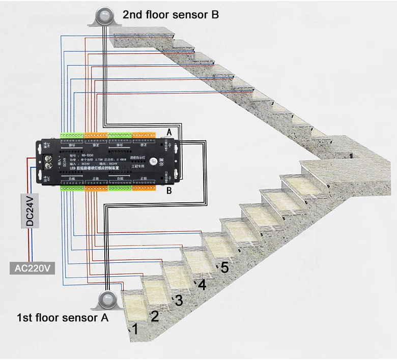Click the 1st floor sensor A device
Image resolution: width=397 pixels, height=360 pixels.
coord(107,301)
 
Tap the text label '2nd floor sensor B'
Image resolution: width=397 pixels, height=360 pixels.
coord(171,15)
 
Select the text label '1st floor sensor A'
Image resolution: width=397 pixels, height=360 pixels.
coord(63,318)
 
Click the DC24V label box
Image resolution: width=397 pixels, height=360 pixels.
coord(30,211)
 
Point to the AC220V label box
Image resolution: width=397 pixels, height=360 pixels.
coord(33,268)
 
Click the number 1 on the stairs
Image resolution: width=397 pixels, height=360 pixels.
coord(135,328)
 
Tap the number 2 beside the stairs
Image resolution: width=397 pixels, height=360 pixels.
coord(155,316)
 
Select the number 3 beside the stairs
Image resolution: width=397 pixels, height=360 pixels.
coord(179,301)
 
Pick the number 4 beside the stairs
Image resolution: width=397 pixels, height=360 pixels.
coord(202,285)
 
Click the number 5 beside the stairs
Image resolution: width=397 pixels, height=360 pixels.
coord(224,268)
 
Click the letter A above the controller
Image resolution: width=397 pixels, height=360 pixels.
coord(169,132)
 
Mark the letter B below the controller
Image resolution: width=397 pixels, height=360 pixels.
coord(169,191)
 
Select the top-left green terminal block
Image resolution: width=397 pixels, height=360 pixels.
coord(72,136)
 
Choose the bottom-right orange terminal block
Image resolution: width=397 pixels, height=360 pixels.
coord(144,187)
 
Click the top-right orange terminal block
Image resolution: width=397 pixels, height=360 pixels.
coord(144,136)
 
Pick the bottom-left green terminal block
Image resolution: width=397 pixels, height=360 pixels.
coord(72,187)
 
